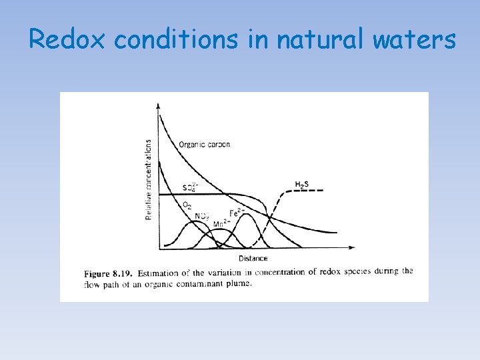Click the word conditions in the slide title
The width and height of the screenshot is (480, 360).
pos(175,40)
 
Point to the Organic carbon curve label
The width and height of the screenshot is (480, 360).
pos(205,145)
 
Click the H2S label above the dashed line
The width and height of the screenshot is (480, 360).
pos(301,184)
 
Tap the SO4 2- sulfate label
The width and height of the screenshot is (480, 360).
pos(190,187)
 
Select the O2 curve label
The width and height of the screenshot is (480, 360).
pos(187,205)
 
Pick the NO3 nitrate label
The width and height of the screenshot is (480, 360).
pos(203,215)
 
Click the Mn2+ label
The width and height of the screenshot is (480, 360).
pos(222,224)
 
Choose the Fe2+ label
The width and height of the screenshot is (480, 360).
pos(237,213)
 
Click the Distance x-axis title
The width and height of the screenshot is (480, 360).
pos(253,259)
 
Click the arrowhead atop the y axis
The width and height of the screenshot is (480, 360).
pos(158,105)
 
